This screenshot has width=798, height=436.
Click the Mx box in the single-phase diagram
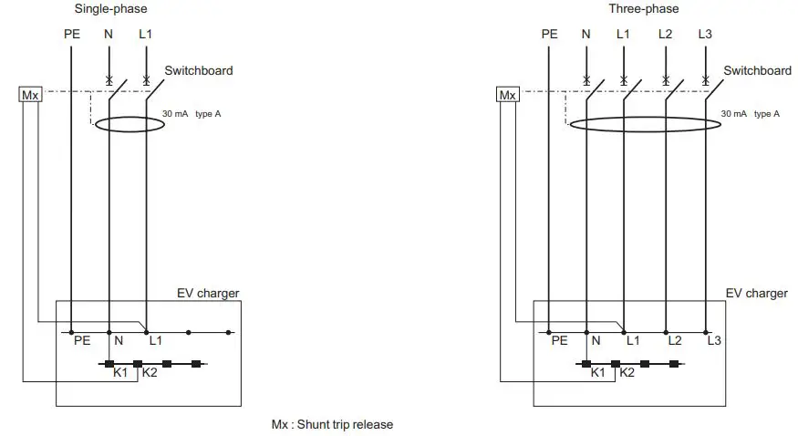30,95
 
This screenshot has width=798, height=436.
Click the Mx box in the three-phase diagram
508,95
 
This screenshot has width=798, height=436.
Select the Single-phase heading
109,9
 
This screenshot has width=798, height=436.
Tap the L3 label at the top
705,35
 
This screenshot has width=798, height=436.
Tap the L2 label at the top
666,35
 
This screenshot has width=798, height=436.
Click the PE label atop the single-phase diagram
72,35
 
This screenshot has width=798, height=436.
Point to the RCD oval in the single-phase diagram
130,123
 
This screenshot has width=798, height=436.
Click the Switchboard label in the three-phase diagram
757,70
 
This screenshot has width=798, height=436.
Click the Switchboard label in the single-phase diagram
198,70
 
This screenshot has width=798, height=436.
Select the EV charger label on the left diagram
208,293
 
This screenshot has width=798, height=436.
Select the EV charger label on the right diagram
756,293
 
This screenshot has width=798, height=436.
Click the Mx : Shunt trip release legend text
332,425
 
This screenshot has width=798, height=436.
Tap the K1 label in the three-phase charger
598,373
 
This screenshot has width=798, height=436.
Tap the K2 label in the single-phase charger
150,373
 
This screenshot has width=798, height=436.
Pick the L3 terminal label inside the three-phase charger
714,341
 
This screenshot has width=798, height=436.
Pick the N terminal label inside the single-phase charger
117,341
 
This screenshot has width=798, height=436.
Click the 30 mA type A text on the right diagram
750,114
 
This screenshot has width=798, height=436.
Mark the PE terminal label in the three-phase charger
559,341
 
